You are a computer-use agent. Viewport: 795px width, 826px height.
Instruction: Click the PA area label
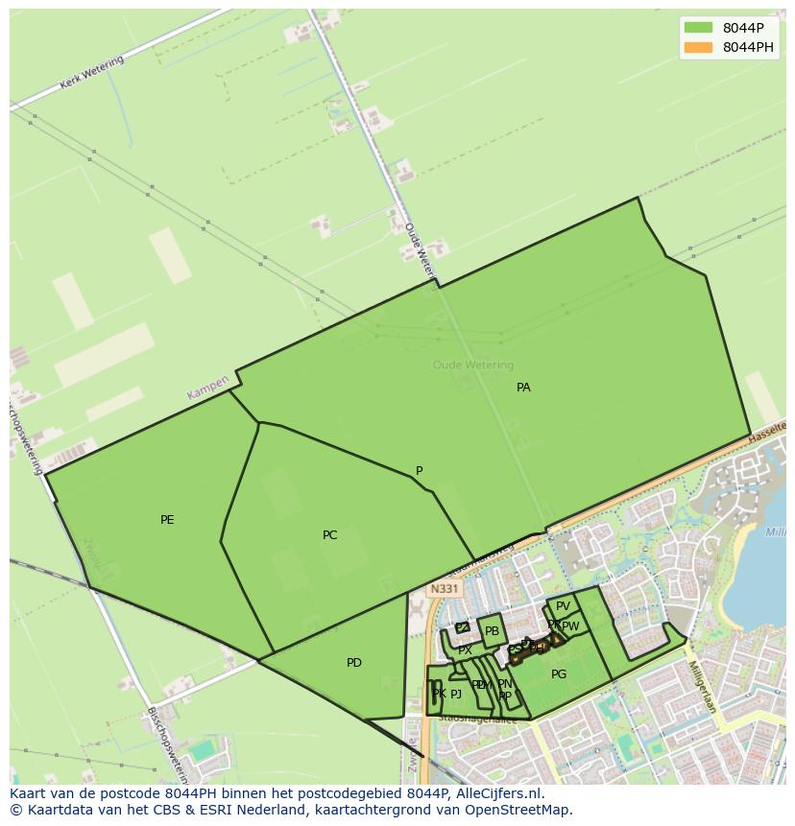(523, 388)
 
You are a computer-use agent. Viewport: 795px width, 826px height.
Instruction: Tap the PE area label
(167, 520)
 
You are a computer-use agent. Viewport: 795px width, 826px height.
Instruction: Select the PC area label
(329, 535)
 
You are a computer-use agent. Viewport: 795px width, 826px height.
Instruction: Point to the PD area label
(354, 663)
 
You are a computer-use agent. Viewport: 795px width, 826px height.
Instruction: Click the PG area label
(559, 674)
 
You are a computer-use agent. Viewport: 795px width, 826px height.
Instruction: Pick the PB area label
(492, 631)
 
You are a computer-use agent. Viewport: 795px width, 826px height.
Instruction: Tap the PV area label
(563, 606)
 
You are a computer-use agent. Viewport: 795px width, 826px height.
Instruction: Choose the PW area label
(571, 626)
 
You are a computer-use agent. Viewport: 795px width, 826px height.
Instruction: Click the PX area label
(465, 650)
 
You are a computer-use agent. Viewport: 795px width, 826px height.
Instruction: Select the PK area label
(438, 694)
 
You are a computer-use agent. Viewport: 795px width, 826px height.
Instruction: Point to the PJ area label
(456, 694)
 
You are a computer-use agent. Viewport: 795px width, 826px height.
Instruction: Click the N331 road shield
(444, 589)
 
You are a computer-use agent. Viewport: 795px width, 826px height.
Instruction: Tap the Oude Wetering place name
(472, 365)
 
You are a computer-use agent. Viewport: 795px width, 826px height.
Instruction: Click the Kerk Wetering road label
(92, 73)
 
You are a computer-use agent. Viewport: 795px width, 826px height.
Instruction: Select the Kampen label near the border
(208, 388)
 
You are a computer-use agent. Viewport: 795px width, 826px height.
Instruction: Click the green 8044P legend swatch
(698, 28)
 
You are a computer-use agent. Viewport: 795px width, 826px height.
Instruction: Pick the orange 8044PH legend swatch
(698, 47)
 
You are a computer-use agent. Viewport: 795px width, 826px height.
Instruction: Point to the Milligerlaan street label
(702, 686)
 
